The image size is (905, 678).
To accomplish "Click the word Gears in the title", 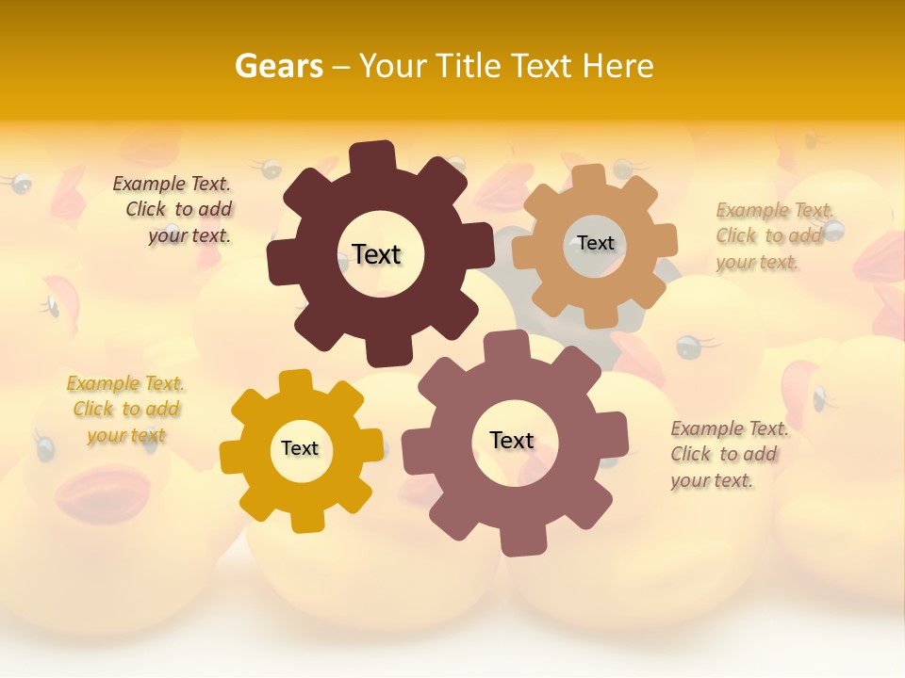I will (x=278, y=66).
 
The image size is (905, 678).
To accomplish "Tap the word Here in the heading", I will (x=617, y=66).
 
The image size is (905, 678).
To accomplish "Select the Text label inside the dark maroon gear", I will (x=376, y=254).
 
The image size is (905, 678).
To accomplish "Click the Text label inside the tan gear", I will (x=596, y=243).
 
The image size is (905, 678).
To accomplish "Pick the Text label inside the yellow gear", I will (x=300, y=448).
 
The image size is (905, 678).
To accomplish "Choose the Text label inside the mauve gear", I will (x=512, y=440).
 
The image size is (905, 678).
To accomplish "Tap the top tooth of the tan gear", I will (x=589, y=177).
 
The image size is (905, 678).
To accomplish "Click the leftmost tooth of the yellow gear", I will (x=232, y=456).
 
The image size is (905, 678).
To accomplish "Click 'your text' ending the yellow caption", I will (x=126, y=435).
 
